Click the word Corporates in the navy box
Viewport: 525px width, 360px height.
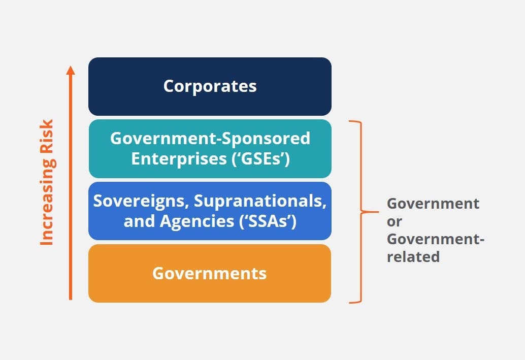click(x=210, y=86)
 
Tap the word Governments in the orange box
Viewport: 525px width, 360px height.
click(x=209, y=273)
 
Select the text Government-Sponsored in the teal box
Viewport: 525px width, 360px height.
click(x=210, y=138)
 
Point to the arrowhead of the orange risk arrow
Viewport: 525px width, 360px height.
click(x=71, y=70)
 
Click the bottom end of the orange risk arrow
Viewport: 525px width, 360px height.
click(x=71, y=298)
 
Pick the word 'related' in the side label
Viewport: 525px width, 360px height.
click(x=413, y=257)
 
